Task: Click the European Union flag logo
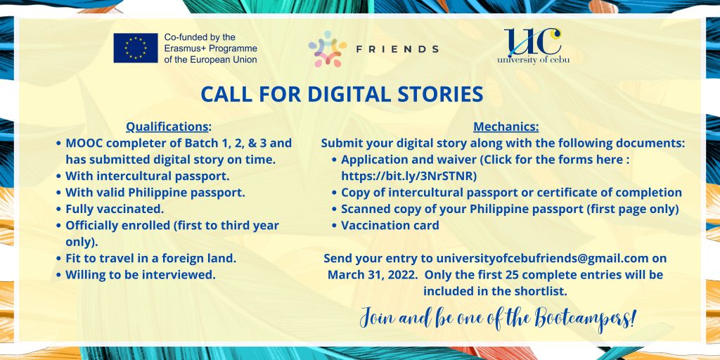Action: (136, 48)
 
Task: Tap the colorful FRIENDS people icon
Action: (328, 49)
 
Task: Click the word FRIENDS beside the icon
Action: (398, 49)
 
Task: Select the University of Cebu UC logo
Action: (533, 46)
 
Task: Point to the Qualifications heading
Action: (167, 127)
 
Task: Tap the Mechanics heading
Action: (505, 127)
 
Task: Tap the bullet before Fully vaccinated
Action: (59, 210)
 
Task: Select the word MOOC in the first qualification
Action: (83, 143)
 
